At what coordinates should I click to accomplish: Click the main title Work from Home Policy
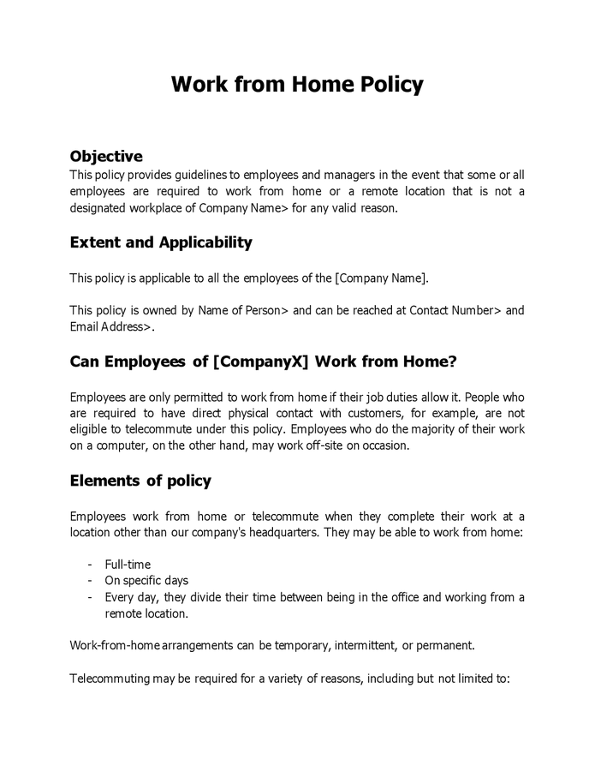coord(297,85)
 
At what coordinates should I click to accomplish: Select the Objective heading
coord(105,156)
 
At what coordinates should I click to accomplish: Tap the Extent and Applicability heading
coord(160,242)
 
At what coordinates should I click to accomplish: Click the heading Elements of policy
coord(140,481)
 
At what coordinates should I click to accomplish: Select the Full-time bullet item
coord(128,565)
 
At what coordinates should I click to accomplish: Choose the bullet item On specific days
coord(146,581)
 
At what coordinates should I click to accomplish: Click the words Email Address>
coord(110,327)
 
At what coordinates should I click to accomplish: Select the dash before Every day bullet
coord(91,597)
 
